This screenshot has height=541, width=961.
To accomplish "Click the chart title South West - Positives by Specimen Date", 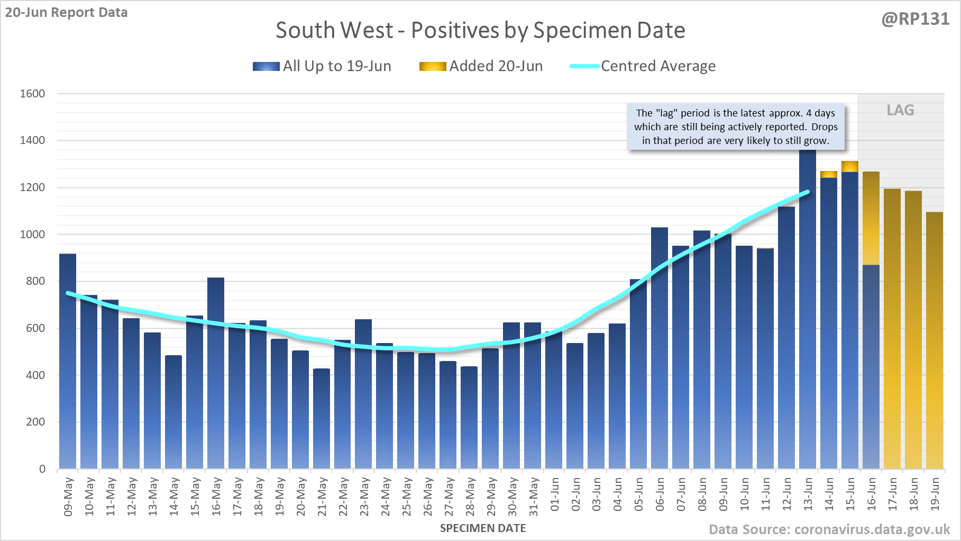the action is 480,30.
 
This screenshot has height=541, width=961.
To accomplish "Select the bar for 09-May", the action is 68,361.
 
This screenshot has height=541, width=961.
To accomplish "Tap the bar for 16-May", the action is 216,373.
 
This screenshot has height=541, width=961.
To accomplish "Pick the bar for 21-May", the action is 322,419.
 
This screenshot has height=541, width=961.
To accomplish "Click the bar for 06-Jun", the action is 660,348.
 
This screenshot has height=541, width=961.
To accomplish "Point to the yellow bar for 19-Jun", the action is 935,340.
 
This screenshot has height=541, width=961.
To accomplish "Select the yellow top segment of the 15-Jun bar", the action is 850,166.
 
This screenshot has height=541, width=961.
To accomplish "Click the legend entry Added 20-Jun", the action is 481,66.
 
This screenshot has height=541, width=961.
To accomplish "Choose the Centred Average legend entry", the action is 643,66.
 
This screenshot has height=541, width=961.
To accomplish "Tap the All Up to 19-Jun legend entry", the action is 322,66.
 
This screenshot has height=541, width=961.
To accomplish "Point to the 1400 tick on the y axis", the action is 32,140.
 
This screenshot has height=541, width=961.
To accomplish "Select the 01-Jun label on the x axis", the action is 554,494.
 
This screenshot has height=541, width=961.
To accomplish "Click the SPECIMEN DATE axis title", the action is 483,528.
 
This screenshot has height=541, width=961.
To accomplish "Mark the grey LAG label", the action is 900,110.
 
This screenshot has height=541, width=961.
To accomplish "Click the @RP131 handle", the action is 915,19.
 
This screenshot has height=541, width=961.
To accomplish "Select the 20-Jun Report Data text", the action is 67,12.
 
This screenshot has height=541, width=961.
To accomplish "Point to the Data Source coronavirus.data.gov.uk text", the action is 829,529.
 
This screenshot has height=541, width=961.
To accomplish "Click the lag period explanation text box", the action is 736,127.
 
